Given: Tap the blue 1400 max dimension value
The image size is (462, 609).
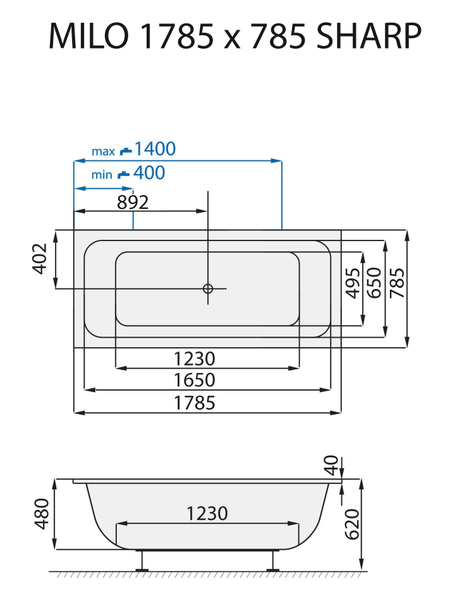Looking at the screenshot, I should point(155,150).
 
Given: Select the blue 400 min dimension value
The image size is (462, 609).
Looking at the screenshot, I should point(149,173).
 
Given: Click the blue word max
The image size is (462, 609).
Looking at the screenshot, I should point(103,151).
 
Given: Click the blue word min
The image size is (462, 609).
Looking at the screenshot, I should point(101,175).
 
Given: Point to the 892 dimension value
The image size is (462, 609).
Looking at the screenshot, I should point(133,202).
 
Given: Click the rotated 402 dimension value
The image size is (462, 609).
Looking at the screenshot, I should point(40,258).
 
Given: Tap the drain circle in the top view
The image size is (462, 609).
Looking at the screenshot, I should point(208,288).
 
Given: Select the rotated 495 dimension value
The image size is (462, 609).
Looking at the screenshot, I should point(353,282).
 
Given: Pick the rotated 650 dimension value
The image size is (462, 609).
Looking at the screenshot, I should point(374,282).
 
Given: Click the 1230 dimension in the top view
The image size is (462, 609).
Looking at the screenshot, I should point(195,358).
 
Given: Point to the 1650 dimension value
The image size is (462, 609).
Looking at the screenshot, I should point(195,381).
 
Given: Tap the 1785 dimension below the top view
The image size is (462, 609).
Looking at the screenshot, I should point(195,403).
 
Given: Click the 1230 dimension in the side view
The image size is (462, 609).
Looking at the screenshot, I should point(207,514).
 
